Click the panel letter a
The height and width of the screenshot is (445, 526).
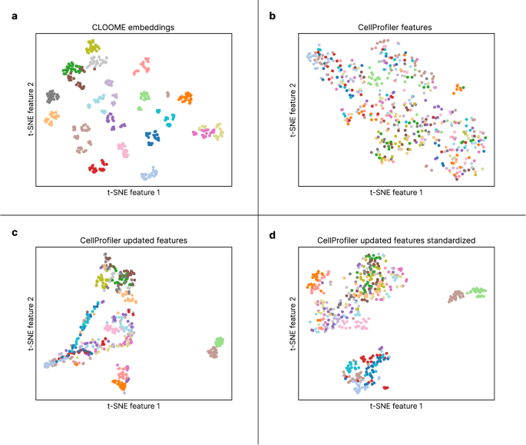(13, 15)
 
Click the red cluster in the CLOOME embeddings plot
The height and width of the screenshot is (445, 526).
(97, 167)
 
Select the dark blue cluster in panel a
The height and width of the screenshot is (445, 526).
(154, 137)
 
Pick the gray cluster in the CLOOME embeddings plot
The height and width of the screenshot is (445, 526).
(51, 97)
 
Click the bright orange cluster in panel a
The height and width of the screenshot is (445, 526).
(185, 98)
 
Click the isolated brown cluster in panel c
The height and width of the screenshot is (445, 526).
(212, 352)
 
